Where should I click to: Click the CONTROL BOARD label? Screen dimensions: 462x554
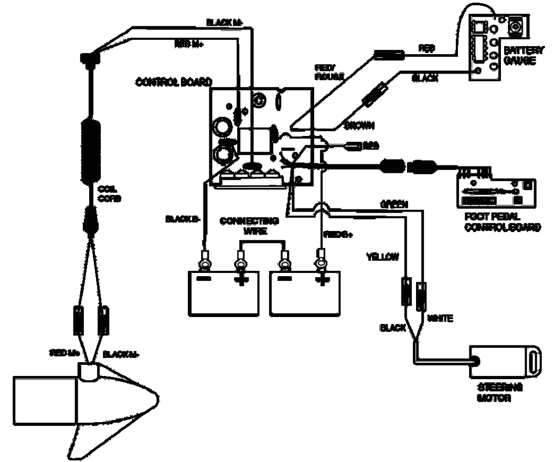(174, 82)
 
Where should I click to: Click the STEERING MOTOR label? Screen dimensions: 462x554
(499, 392)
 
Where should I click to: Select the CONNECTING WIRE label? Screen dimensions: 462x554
(249, 225)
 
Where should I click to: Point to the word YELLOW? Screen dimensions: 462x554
(382, 257)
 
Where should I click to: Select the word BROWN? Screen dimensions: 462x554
(359, 126)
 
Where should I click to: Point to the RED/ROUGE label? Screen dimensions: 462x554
(329, 72)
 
